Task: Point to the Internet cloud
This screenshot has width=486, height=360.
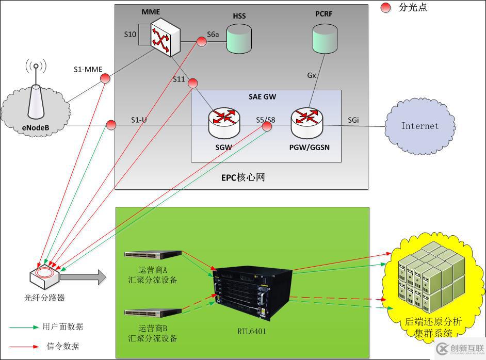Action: tap(419, 126)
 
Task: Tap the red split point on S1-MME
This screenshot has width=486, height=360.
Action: tap(105, 78)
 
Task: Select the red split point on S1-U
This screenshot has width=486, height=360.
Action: tap(111, 125)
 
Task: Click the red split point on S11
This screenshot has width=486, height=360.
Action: tap(193, 83)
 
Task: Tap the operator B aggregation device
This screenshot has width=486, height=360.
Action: tap(153, 312)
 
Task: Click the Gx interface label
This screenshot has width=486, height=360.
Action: tap(312, 75)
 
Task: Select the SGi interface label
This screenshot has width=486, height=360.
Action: tap(353, 120)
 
